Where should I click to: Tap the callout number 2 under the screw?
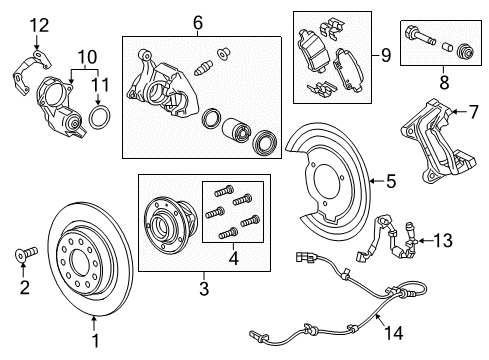coord(24,289)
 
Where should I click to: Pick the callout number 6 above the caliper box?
coord(197,21)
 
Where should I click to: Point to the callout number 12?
coord(37,23)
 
